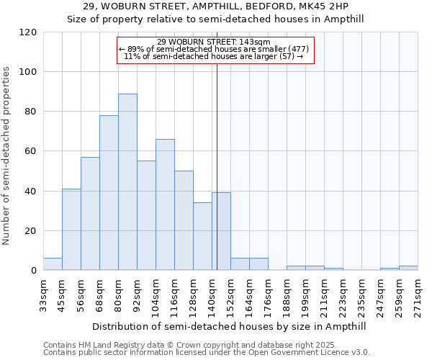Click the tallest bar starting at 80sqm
pyautogui.click(x=127, y=182)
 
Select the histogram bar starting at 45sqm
pyautogui.click(x=71, y=230)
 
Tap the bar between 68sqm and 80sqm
pyautogui.click(x=109, y=193)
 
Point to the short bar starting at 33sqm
pyautogui.click(x=53, y=264)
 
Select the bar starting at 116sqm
pyautogui.click(x=184, y=221)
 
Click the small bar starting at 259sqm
pyautogui.click(x=408, y=269)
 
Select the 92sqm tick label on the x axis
pyautogui.click(x=137, y=294)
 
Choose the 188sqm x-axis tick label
pyautogui.click(x=287, y=294)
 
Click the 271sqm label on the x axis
pyautogui.click(x=418, y=294)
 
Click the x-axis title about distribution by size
pyautogui.click(x=230, y=326)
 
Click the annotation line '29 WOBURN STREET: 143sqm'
pyautogui.click(x=214, y=42)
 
